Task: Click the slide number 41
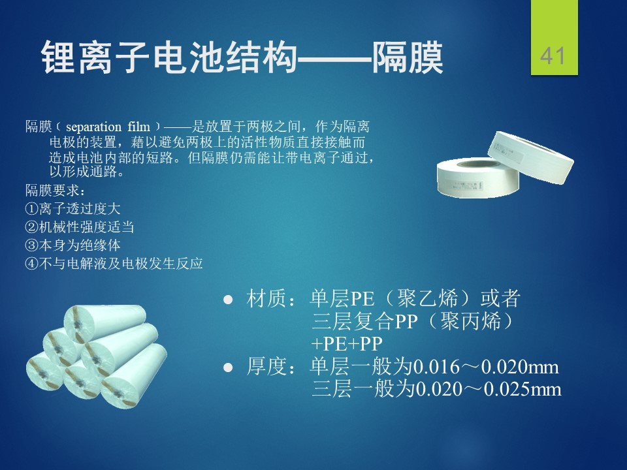click(x=553, y=55)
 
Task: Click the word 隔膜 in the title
click(x=407, y=58)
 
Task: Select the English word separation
click(x=93, y=127)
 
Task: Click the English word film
click(x=138, y=127)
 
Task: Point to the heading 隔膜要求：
click(x=55, y=191)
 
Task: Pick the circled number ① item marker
click(x=31, y=209)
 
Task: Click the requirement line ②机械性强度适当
click(x=79, y=227)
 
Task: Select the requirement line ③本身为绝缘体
click(x=72, y=245)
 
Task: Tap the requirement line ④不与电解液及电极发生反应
click(x=114, y=263)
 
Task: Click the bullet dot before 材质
click(x=228, y=300)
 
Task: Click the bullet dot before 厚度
click(x=228, y=368)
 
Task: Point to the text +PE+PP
click(x=346, y=344)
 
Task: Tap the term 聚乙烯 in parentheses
click(x=426, y=299)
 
